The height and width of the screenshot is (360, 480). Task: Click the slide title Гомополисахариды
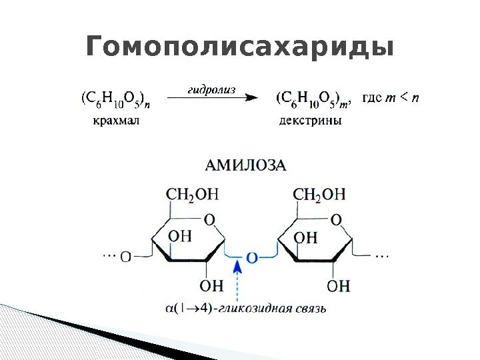coord(240,48)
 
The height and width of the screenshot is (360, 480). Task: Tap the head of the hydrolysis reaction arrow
coord(251,99)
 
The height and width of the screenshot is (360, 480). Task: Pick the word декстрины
coord(310,121)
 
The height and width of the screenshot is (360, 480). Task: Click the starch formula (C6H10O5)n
coord(115,100)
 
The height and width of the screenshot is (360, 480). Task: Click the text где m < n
coord(390,99)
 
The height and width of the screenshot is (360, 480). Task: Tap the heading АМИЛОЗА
coord(245,165)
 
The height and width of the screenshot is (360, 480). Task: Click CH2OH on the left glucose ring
coord(192,194)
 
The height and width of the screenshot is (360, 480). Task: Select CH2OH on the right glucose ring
coord(319,194)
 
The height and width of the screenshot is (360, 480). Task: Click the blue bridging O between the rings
coord(251,257)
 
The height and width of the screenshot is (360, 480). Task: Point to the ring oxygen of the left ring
coord(209,219)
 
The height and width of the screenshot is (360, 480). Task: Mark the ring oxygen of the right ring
coord(336,219)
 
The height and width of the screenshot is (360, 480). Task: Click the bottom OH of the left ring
coord(211,285)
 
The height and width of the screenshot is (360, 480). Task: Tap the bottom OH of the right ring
coord(338,285)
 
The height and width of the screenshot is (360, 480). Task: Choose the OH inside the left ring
coord(180,236)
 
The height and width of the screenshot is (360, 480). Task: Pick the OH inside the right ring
coord(306,237)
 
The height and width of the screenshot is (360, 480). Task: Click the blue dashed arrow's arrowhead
coord(236,267)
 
